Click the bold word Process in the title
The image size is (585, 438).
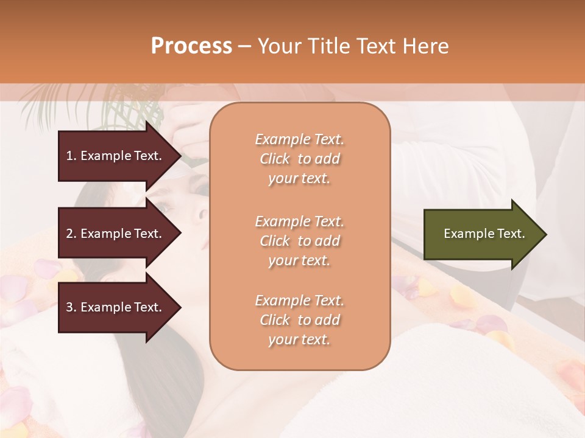[x=191, y=46]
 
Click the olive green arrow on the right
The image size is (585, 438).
[x=481, y=234]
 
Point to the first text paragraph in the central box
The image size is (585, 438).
[x=299, y=159]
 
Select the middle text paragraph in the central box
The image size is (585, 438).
[x=299, y=241]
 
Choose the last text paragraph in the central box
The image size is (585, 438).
[x=299, y=320]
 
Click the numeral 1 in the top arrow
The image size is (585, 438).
[x=69, y=156]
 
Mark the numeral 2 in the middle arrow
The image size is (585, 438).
[x=69, y=234]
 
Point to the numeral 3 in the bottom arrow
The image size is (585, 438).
[x=69, y=307]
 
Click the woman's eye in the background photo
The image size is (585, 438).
[x=163, y=208]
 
